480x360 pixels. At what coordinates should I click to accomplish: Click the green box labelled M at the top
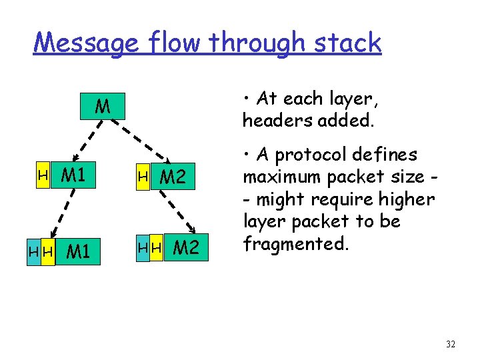pos(103,107)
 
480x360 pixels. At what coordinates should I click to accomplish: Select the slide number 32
pos(451,344)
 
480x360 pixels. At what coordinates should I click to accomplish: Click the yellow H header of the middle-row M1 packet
pos(43,176)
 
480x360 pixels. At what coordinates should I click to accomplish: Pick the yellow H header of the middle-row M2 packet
pos(143,177)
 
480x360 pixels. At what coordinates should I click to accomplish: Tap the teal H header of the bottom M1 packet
pos(33,252)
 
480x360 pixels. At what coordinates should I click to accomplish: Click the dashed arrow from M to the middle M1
pos(80,142)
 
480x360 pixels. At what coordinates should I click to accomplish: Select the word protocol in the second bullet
pos(315,155)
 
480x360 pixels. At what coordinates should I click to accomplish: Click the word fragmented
pos(295,243)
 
